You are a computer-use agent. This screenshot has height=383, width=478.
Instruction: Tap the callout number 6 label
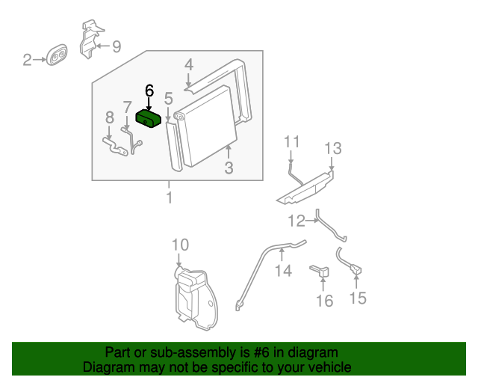coord(149,91)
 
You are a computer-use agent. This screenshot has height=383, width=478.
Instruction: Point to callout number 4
coord(190,65)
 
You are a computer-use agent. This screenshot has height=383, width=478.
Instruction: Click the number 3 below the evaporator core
coord(229,168)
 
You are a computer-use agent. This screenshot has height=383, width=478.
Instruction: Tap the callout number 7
coord(127,107)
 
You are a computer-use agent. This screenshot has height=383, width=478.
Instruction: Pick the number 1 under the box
coord(170,197)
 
